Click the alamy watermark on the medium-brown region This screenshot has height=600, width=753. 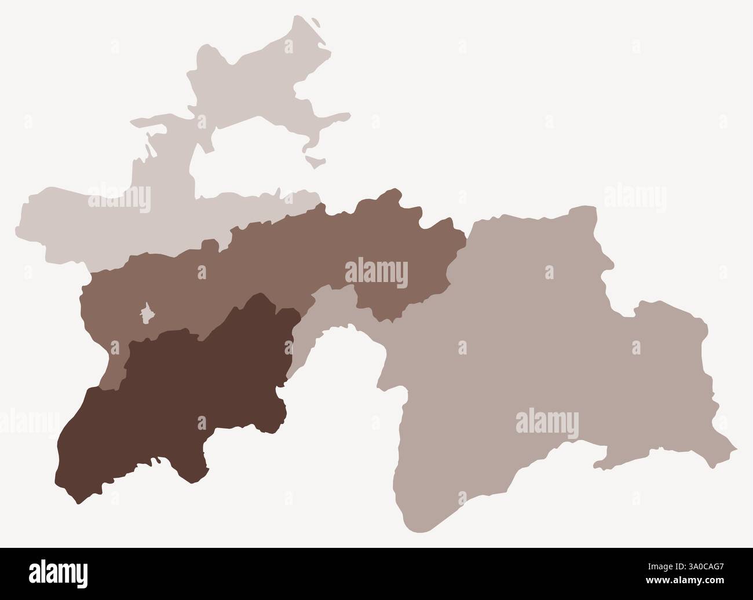pos(376,273)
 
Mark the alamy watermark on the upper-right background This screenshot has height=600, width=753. pos(635,197)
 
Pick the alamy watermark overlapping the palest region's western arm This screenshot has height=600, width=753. pos(119,197)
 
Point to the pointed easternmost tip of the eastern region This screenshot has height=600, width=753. pos(736,448)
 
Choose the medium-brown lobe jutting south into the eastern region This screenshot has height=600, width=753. pos(382,307)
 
